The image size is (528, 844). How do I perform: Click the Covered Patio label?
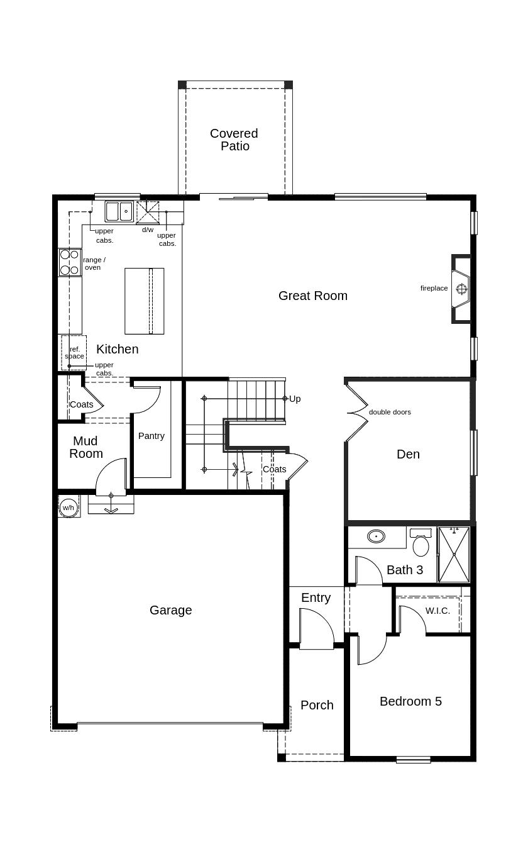click(234, 140)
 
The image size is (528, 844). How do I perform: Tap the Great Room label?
click(312, 296)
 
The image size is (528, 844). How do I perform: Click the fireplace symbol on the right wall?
click(461, 289)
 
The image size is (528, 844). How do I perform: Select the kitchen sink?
click(119, 211)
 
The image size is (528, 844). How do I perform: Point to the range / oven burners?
click(70, 263)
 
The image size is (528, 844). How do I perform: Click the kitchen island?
click(144, 301)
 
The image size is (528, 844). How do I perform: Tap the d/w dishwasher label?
click(148, 230)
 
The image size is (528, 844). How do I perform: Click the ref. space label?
click(74, 353)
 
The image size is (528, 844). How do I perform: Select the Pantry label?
click(151, 436)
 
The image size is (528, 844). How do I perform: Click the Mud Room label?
click(85, 447)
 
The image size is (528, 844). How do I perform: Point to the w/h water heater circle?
click(68, 507)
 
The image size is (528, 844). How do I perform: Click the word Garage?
click(170, 610)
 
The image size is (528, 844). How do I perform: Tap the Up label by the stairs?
click(295, 399)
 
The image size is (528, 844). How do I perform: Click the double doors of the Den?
click(357, 413)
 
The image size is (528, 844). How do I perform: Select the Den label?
click(408, 454)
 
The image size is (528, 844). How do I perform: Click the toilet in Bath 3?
click(421, 544)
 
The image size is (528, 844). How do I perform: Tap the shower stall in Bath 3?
click(454, 555)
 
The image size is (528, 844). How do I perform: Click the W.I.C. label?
click(437, 611)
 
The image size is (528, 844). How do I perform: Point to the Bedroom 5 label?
click(410, 701)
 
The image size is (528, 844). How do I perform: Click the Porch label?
click(317, 705)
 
